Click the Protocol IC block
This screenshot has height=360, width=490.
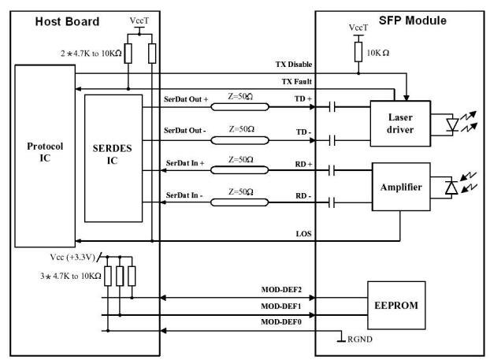(45, 156)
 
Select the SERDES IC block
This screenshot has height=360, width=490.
(113, 158)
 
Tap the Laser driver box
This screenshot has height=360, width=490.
(400, 124)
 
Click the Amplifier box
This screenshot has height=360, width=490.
(401, 187)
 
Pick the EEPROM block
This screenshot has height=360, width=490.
(396, 305)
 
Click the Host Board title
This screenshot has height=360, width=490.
(67, 21)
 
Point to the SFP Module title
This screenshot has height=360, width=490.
(413, 20)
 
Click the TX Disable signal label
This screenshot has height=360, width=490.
(294, 65)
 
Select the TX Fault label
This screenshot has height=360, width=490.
(296, 82)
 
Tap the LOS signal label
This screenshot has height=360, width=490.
(304, 234)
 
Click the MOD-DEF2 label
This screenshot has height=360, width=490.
(281, 290)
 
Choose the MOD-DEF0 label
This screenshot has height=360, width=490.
(281, 322)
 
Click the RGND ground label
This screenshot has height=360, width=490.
(360, 340)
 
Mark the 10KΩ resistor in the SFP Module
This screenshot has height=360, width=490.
(358, 52)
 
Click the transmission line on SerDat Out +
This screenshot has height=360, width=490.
(239, 107)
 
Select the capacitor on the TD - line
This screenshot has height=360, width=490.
(332, 140)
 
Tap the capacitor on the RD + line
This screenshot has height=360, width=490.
(332, 170)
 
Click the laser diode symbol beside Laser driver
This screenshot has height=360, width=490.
(452, 124)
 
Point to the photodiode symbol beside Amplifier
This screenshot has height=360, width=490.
(451, 187)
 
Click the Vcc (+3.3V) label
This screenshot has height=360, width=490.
(72, 257)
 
